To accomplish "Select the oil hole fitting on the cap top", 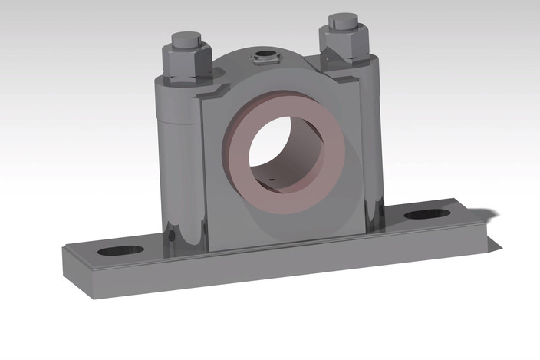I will click(x=265, y=56).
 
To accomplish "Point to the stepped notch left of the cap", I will click(x=216, y=94).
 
